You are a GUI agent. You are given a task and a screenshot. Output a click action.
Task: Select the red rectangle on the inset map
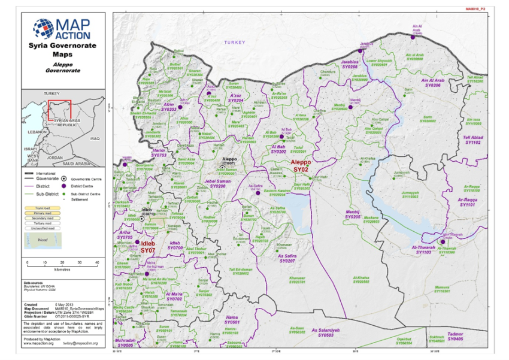coord(60,110)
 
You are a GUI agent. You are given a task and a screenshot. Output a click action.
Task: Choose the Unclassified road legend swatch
coord(37,228)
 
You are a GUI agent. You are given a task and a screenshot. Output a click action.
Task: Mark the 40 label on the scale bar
coord(97,263)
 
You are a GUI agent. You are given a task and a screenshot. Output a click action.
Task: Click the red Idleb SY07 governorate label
coord(147,246)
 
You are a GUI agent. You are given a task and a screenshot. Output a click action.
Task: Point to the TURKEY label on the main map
coord(235,43)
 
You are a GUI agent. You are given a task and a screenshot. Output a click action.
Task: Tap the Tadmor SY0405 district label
coord(455,337)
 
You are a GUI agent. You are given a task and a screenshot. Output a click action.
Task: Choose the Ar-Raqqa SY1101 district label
coord(471,202)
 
